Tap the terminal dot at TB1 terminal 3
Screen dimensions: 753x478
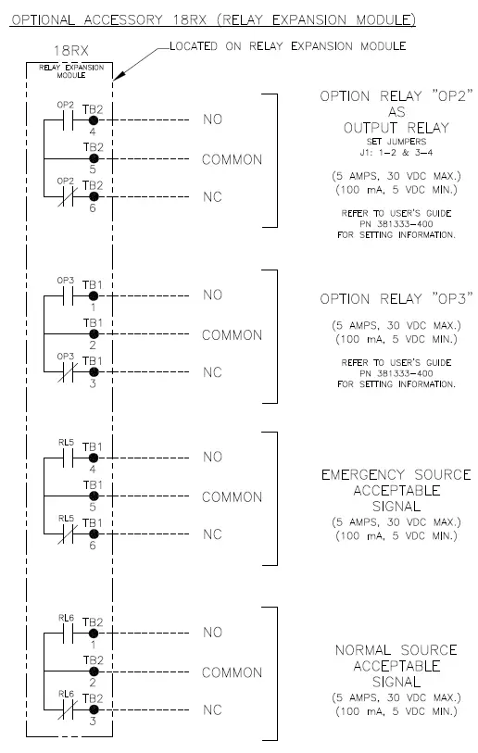[x=93, y=373]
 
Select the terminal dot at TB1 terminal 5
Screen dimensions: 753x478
[x=93, y=496]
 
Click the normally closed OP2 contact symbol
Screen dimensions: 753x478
[x=65, y=197]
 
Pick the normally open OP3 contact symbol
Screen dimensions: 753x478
[x=65, y=295]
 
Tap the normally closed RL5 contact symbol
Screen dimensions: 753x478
[x=65, y=535]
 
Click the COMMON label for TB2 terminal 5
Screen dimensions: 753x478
[x=232, y=159]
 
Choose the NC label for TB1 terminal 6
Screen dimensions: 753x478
[x=213, y=535]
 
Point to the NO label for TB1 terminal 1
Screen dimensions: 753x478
[x=213, y=295]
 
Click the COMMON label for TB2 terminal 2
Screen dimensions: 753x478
[x=232, y=671]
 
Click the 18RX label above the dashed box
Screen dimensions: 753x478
[x=71, y=55]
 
